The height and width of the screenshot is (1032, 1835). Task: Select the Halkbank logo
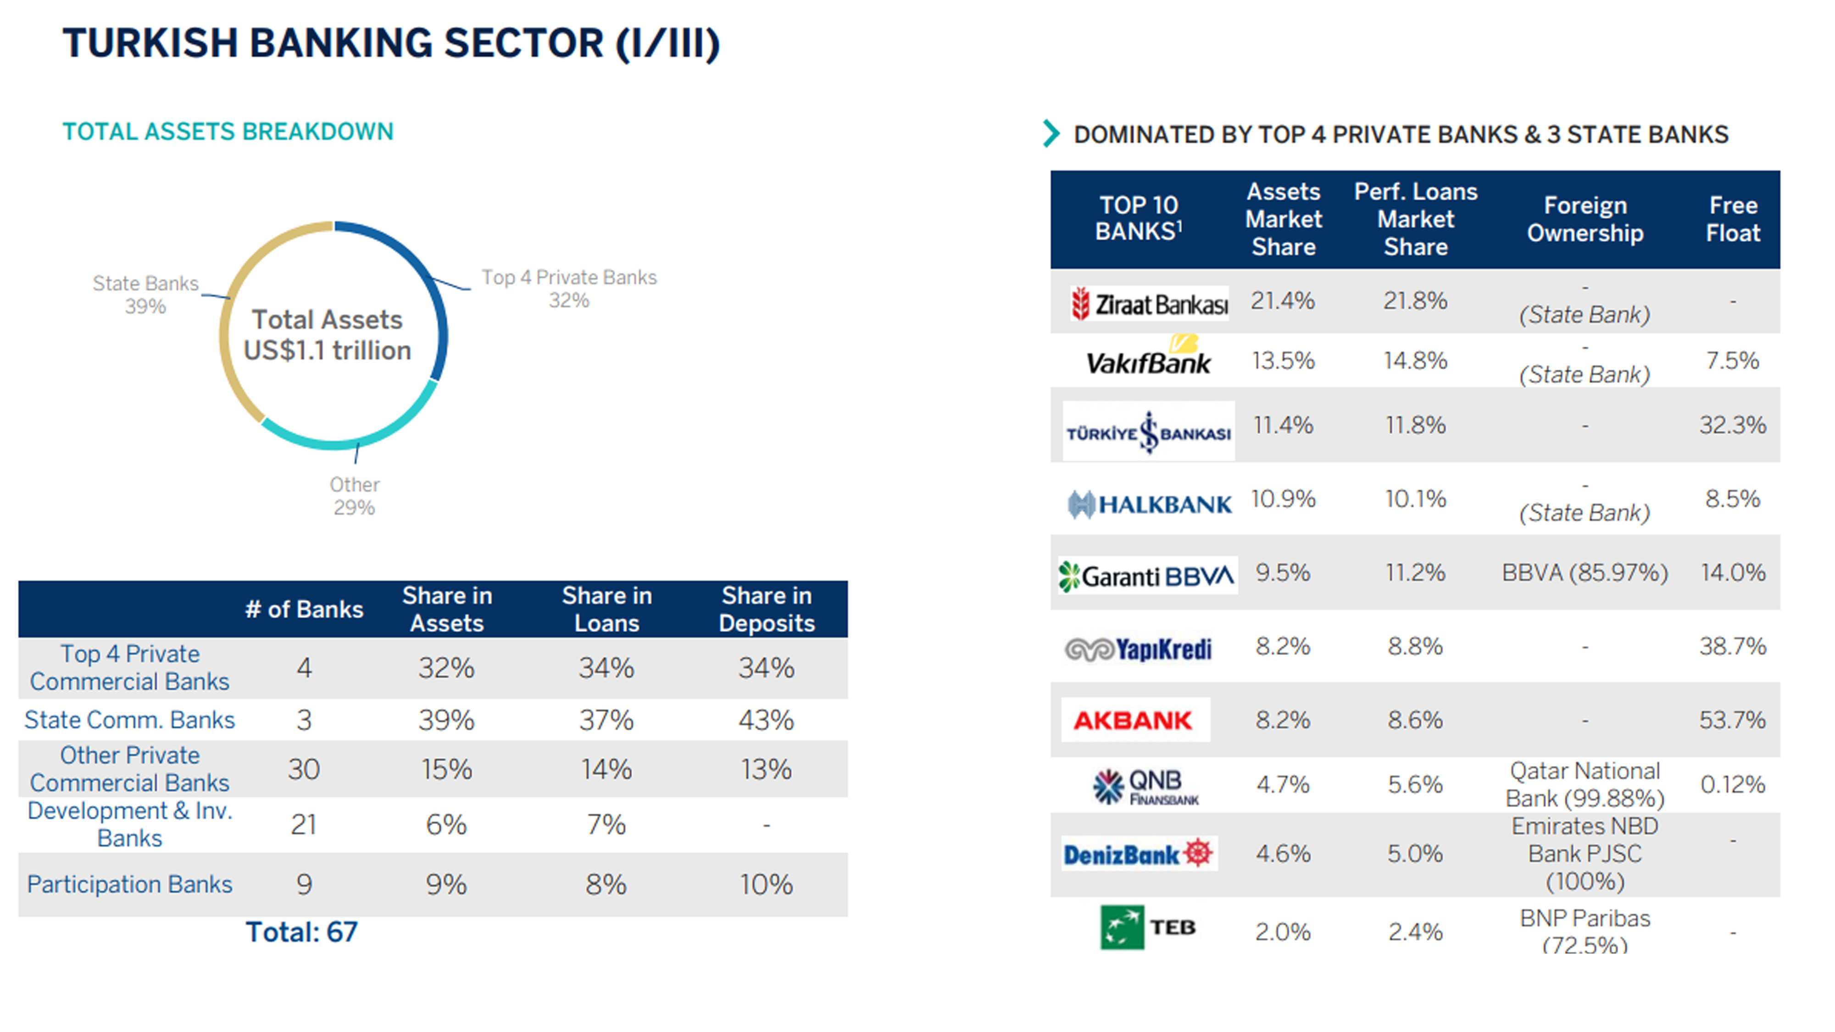click(x=1149, y=504)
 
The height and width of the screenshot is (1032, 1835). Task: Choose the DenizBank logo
click(x=1138, y=853)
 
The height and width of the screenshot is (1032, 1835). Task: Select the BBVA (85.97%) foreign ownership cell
click(x=1584, y=572)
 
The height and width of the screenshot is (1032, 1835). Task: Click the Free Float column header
click(x=1732, y=219)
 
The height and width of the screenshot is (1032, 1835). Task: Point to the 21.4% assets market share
click(x=1282, y=300)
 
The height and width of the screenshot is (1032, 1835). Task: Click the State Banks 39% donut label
click(x=145, y=294)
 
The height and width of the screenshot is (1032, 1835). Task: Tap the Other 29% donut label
click(x=354, y=496)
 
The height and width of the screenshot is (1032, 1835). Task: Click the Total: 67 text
click(x=301, y=932)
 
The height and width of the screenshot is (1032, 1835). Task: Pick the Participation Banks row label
click(x=130, y=884)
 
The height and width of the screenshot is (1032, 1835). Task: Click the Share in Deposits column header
click(x=767, y=609)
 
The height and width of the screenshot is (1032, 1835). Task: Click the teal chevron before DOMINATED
click(x=1051, y=133)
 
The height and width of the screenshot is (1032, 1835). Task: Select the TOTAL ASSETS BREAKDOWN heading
click(x=228, y=132)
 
